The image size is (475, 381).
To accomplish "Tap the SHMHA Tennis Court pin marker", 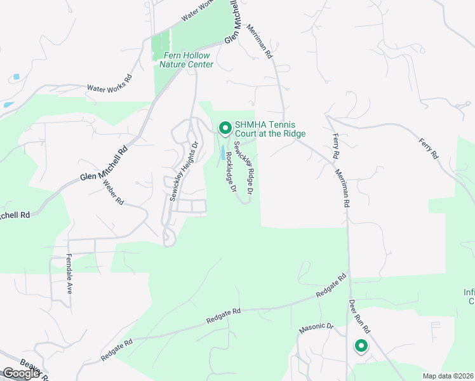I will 225,128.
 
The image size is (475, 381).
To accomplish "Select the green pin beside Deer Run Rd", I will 361,347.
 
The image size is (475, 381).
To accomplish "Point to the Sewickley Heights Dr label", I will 183,171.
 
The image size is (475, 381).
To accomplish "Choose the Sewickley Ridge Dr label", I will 244,168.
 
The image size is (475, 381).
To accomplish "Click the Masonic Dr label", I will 316,327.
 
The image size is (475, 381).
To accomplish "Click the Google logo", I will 21,373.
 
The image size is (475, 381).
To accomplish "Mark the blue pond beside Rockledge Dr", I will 224,154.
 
